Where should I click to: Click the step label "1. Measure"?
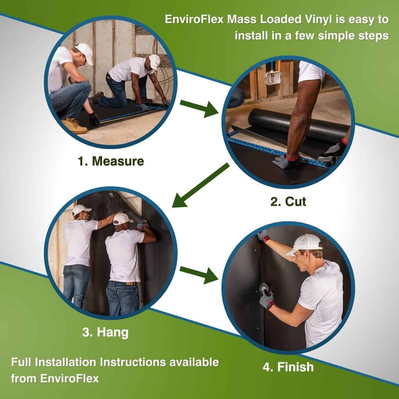click(111, 161)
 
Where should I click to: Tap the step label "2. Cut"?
click(288, 201)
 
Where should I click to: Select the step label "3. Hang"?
click(105, 332)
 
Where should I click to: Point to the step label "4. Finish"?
click(288, 367)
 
